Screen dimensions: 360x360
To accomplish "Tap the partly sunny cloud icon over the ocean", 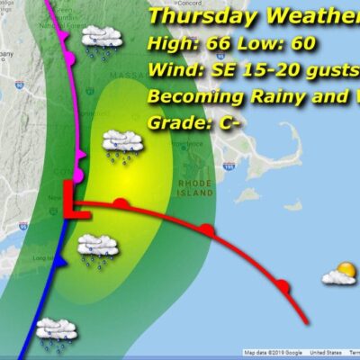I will (x=338, y=274).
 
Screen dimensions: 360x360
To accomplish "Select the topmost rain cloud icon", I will (x=102, y=39).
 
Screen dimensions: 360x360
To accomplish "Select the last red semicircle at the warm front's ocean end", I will (x=283, y=287).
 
